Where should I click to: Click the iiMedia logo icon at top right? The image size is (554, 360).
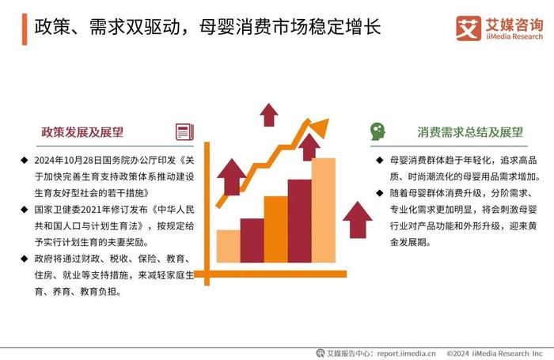pyautogui.click(x=469, y=28)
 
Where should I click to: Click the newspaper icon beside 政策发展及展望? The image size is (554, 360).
pyautogui.click(x=184, y=132)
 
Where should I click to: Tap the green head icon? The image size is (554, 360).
pyautogui.click(x=378, y=132)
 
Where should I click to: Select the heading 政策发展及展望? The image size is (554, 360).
pyautogui.click(x=82, y=132)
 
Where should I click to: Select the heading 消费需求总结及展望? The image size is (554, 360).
pyautogui.click(x=470, y=132)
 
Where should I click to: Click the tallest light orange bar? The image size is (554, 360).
pyautogui.click(x=323, y=210)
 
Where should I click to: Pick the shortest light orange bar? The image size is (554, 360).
pyautogui.click(x=228, y=246)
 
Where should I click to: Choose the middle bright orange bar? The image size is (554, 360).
pyautogui.click(x=276, y=229)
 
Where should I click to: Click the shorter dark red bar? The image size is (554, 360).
pyautogui.click(x=252, y=241)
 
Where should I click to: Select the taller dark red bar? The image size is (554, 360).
pyautogui.click(x=300, y=222)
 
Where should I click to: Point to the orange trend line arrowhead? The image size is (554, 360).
pyautogui.click(x=321, y=127)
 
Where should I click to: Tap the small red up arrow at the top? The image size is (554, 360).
pyautogui.click(x=269, y=115)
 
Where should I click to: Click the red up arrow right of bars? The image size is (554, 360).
pyautogui.click(x=358, y=220)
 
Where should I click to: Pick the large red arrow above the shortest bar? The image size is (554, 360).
pyautogui.click(x=231, y=177)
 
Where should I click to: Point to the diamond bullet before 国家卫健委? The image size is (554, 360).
pyautogui.click(x=24, y=210)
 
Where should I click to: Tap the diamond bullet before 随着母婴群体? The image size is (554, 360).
pyautogui.click(x=380, y=193)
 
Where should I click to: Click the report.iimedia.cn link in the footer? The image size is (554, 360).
pyautogui.click(x=406, y=354)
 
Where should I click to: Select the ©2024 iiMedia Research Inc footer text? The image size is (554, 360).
pyautogui.click(x=495, y=354)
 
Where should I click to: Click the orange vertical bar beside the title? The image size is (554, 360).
pyautogui.click(x=25, y=29)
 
